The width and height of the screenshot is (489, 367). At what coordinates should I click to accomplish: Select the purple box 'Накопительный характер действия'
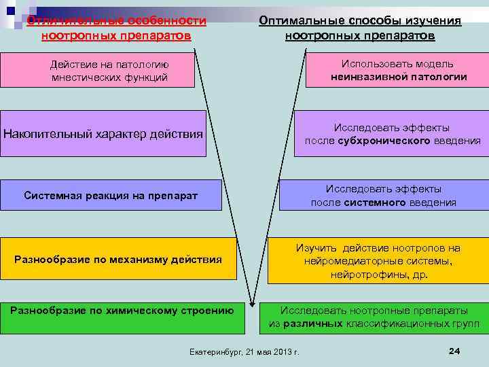click(x=103, y=133)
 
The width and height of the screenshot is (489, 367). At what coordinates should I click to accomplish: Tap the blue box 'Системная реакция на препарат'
click(x=111, y=196)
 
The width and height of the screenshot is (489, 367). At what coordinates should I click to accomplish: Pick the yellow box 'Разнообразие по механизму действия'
click(x=118, y=259)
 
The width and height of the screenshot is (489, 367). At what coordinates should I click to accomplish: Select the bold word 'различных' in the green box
click(x=312, y=324)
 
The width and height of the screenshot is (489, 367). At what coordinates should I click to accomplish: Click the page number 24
click(x=455, y=350)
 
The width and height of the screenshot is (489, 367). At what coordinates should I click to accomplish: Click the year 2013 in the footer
click(x=289, y=351)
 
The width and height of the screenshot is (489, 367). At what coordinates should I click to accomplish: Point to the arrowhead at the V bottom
click(x=253, y=306)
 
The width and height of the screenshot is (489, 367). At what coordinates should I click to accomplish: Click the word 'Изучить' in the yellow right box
click(x=317, y=248)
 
